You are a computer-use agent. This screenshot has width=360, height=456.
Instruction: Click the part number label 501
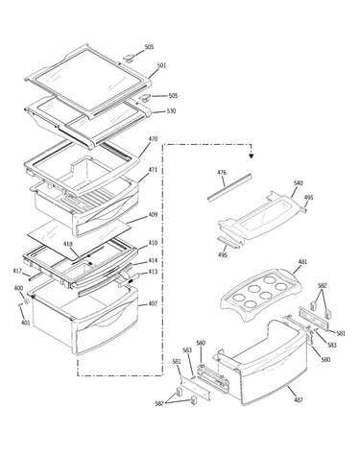pyautogui.click(x=161, y=65)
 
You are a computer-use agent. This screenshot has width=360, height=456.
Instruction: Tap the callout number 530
pyautogui.click(x=171, y=111)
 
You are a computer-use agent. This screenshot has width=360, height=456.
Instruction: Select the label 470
pyautogui.click(x=153, y=139)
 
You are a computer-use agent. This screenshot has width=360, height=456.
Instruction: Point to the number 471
pyautogui.click(x=153, y=170)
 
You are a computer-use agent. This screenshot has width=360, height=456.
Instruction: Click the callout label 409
pyautogui.click(x=153, y=215)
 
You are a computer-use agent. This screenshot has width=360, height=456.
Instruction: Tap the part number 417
pyautogui.click(x=17, y=272)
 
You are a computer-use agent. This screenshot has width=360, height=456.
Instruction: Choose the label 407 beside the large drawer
pyautogui.click(x=153, y=303)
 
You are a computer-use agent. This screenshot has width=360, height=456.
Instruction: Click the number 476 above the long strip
pyautogui.click(x=222, y=173)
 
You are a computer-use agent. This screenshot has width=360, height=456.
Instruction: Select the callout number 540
pyautogui.click(x=299, y=183)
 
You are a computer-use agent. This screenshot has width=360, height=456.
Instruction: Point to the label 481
pyautogui.click(x=302, y=262)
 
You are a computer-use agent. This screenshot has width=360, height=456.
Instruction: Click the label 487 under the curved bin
pyautogui.click(x=299, y=399)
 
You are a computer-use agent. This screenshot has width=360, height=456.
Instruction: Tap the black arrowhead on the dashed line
pyautogui.click(x=252, y=156)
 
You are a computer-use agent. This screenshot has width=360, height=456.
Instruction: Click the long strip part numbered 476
pyautogui.click(x=229, y=187)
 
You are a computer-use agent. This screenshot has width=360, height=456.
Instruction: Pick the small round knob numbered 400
pyautogui.click(x=27, y=301)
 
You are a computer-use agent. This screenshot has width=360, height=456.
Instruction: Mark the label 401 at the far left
pyautogui.click(x=26, y=323)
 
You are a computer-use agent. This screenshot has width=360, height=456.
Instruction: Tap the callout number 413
pyautogui.click(x=153, y=272)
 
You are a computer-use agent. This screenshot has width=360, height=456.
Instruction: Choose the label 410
pyautogui.click(x=153, y=243)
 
